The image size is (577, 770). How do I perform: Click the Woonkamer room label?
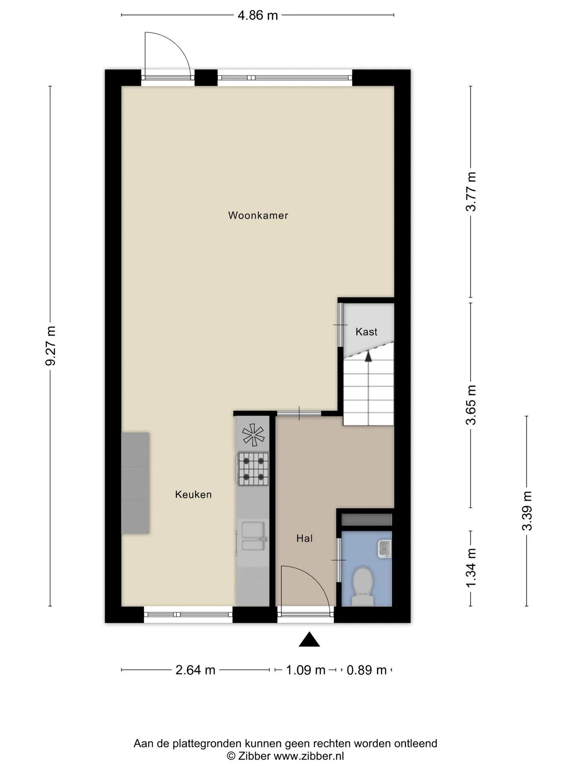click(258, 215)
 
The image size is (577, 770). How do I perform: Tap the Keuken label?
click(193, 494)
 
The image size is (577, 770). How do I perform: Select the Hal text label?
click(305, 538)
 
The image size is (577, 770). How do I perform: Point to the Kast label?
click(367, 332)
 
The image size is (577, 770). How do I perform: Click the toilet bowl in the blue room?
click(363, 586)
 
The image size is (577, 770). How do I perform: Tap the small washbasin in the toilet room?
click(385, 548)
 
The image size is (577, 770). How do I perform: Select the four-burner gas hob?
click(253, 469)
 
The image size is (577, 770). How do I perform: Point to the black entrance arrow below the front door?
click(309, 640)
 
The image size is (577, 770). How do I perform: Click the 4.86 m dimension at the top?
click(258, 15)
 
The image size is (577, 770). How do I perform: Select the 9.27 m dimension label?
click(50, 346)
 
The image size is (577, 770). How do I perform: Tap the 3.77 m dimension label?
click(471, 191)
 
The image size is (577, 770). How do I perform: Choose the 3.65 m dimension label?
click(471, 405)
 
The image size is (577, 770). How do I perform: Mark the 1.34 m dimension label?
click(471, 568)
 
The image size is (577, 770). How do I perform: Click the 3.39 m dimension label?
click(527, 511)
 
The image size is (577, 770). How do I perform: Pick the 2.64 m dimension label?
click(196, 670)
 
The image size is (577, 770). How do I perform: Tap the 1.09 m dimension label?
click(305, 670)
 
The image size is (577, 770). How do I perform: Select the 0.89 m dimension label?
click(367, 670)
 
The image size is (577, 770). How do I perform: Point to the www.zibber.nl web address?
click(309, 756)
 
